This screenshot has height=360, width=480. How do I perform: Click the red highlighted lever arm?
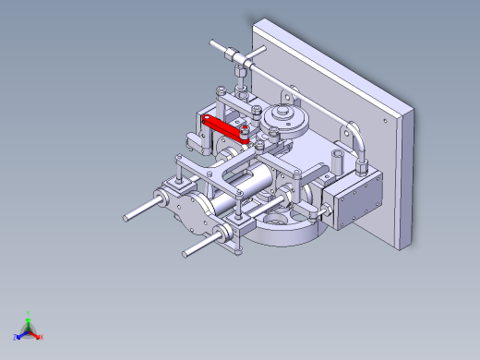[224, 126]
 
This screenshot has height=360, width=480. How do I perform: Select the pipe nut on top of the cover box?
[361, 163]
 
